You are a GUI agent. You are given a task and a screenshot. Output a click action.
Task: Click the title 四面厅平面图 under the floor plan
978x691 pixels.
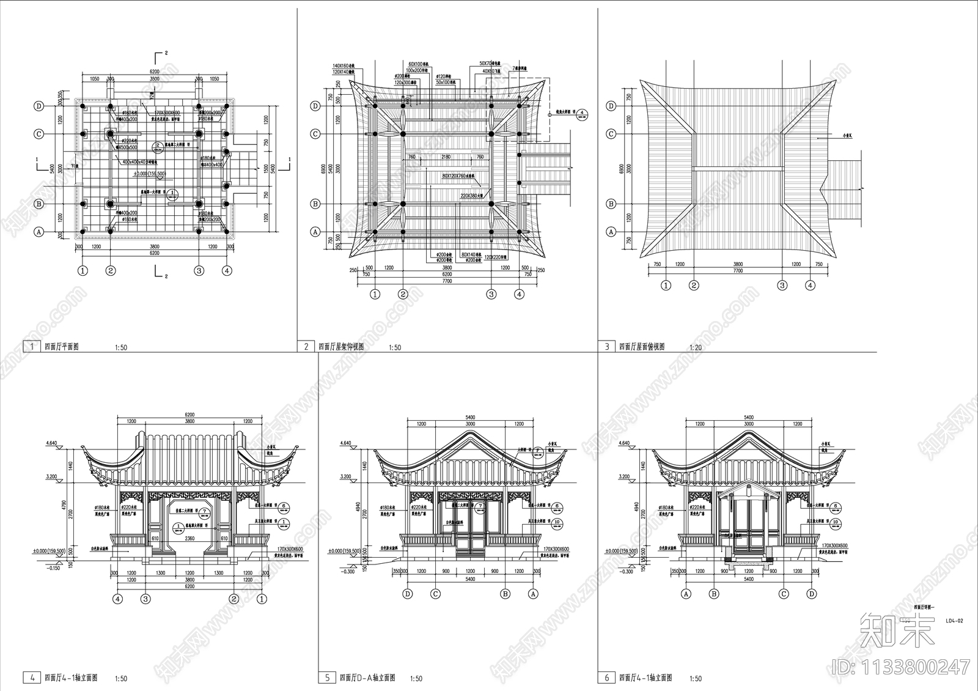[62, 347]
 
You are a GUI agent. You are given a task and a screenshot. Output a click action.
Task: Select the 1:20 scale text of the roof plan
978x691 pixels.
[695, 347]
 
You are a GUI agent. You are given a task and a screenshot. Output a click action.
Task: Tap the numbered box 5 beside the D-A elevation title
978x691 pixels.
[327, 678]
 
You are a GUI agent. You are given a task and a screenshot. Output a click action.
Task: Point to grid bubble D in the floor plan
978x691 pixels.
[39, 106]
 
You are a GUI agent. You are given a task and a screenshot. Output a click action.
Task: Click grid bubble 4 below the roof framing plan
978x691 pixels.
[519, 294]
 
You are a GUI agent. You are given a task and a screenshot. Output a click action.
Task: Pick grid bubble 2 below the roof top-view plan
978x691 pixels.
[694, 285]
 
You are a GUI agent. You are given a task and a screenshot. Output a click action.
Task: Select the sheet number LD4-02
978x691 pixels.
[954, 621]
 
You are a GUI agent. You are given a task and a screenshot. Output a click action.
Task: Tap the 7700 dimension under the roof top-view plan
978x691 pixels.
[738, 270]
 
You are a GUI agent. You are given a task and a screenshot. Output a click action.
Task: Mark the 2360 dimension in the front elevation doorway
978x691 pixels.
[190, 539]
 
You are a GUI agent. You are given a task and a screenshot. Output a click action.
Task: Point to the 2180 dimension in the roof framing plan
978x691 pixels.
[446, 157]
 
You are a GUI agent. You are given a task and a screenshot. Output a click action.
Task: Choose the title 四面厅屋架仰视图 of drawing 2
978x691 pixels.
[341, 347]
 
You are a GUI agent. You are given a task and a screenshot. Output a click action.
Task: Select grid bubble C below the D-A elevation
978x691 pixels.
[436, 593]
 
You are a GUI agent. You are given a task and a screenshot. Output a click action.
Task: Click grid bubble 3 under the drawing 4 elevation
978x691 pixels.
[145, 599]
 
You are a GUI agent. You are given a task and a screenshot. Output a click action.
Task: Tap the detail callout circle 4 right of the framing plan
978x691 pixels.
[583, 114]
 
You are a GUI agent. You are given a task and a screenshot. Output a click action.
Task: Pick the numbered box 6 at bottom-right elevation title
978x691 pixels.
[607, 678]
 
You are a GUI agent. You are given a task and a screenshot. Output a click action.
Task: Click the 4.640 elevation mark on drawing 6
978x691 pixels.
[623, 443]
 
